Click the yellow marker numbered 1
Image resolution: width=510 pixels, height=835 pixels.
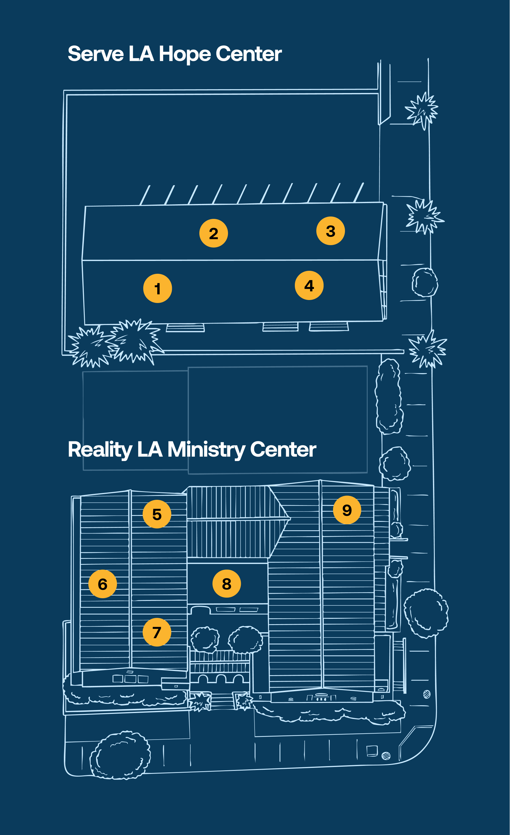157,288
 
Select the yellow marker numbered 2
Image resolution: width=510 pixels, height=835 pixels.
213,233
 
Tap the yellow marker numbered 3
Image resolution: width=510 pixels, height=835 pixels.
330,231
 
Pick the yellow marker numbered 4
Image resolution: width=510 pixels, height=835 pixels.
309,285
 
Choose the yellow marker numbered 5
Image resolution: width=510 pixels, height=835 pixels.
157,514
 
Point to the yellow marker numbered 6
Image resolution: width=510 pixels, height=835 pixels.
102,584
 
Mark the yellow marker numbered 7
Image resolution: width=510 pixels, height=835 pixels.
157,632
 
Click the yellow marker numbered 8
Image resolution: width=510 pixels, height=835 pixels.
227,584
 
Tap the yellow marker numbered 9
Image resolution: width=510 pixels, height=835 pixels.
347,510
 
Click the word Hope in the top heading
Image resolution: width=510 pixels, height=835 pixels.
185,54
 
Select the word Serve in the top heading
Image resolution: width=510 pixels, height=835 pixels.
95,54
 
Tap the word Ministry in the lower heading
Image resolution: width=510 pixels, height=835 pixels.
206,450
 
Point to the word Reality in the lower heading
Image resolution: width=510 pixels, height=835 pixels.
100,450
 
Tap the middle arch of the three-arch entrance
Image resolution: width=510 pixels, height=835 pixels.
221,679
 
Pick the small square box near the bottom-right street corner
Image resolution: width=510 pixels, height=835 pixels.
372,751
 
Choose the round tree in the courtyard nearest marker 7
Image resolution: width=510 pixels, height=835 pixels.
205,638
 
